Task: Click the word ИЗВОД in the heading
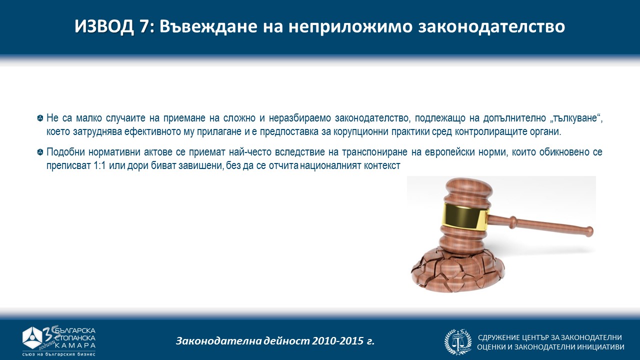[x=104, y=26]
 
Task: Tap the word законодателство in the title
[x=491, y=27]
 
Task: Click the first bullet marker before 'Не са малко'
[x=40, y=118]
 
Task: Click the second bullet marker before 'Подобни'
[x=40, y=152]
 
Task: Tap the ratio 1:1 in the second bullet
[x=99, y=165]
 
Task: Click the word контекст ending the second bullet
[x=382, y=165]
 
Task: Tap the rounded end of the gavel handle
[x=588, y=231]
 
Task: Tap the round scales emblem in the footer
[x=458, y=341]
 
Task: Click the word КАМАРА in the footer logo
[x=75, y=345]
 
